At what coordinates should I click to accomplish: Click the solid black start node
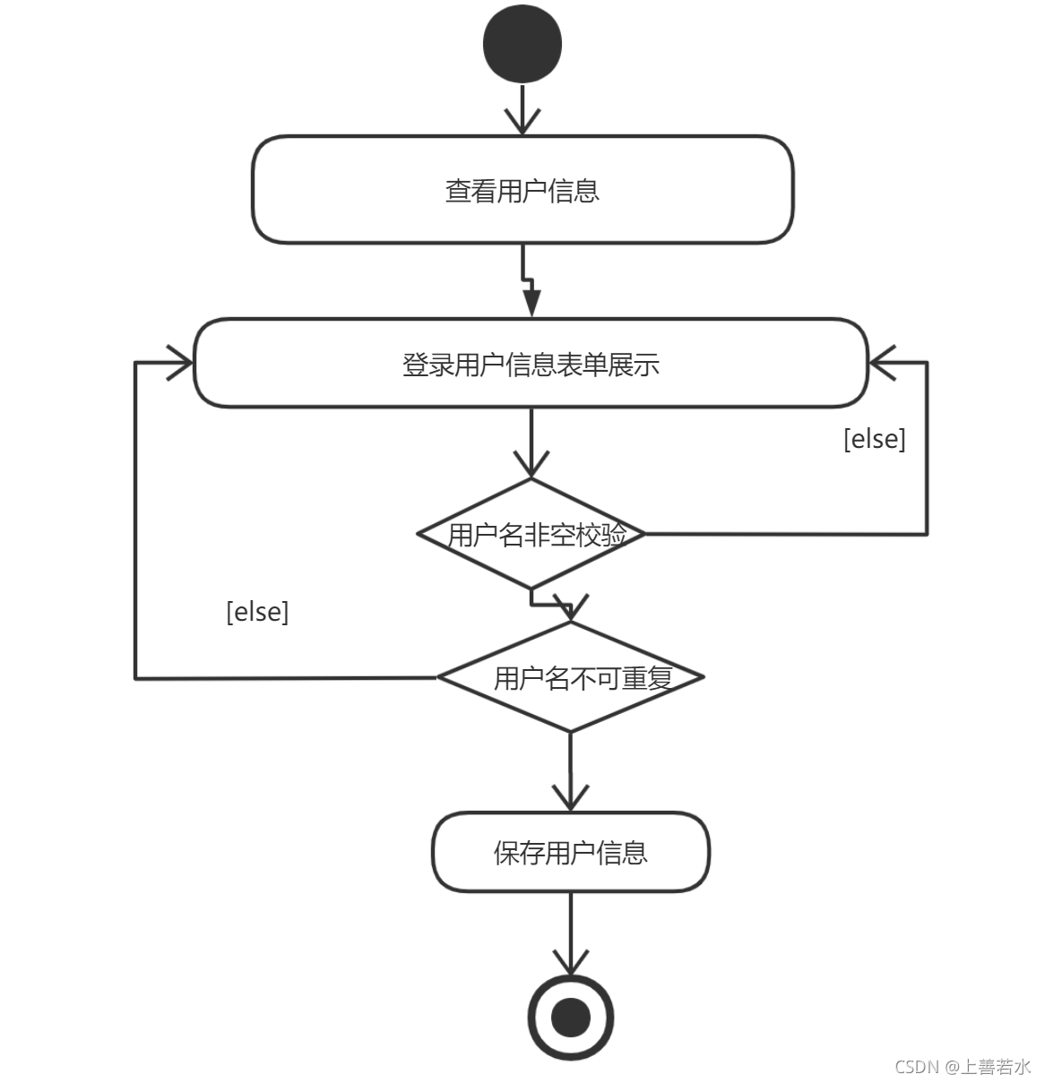522,43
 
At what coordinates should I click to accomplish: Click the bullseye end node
570,1018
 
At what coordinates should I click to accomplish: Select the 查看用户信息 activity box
522,190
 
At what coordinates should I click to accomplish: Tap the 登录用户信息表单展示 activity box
531,364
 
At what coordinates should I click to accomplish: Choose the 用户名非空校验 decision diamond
531,535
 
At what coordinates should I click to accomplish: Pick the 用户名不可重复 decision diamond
571,677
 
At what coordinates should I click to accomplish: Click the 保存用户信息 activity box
570,852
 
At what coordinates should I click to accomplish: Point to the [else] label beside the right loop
875,439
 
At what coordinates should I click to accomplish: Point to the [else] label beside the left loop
257,612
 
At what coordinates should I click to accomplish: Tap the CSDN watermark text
963,1066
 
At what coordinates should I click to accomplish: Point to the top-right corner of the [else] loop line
927,363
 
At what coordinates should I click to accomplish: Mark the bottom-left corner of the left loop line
135,678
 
